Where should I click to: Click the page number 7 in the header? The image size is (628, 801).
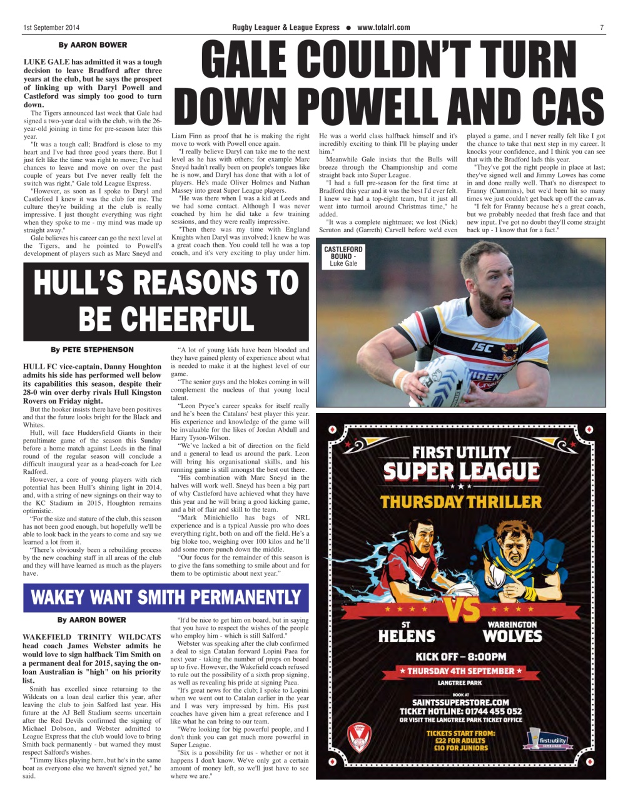pyautogui.click(x=601, y=28)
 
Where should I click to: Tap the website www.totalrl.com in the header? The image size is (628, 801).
pyautogui.click(x=383, y=28)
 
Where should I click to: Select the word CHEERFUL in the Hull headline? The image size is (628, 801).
pyautogui.click(x=166, y=318)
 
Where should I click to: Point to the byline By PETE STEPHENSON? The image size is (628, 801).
pyautogui.click(x=92, y=350)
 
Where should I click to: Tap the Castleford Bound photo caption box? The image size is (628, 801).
pyautogui.click(x=343, y=257)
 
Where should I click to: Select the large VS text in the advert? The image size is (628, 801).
pyautogui.click(x=461, y=610)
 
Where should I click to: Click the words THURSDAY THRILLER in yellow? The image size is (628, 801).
pyautogui.click(x=461, y=502)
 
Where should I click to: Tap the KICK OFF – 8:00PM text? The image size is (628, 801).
pyautogui.click(x=460, y=656)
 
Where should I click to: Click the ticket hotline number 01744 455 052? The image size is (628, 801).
pyautogui.click(x=492, y=711)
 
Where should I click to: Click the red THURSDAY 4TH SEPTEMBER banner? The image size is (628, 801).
pyautogui.click(x=460, y=671)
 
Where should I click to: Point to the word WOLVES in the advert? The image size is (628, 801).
pyautogui.click(x=512, y=636)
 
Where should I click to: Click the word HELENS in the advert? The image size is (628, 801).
pyautogui.click(x=407, y=636)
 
